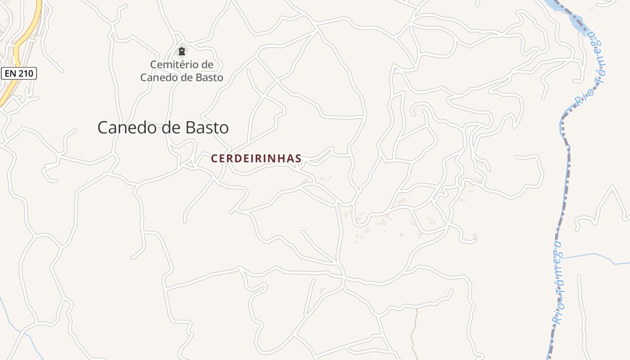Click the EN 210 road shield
(18, 73)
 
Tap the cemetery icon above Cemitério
(182, 51)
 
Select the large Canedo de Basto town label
(163, 128)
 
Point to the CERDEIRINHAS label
(256, 159)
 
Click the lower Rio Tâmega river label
(558, 283)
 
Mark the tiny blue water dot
(401, 234)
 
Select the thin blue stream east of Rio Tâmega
(594, 255)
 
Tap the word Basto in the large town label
(207, 128)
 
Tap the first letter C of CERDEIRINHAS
(214, 159)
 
